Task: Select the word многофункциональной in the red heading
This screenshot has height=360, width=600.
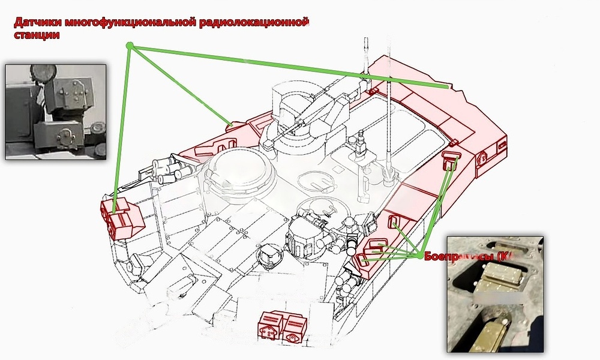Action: [x=128, y=23]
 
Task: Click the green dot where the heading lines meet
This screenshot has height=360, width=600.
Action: [x=129, y=46]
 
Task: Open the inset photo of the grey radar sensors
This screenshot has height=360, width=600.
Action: [x=56, y=112]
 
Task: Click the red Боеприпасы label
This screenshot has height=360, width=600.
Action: [x=456, y=256]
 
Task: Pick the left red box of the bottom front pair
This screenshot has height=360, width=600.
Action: [x=271, y=326]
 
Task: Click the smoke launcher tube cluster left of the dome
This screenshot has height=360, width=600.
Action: [x=169, y=169]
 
